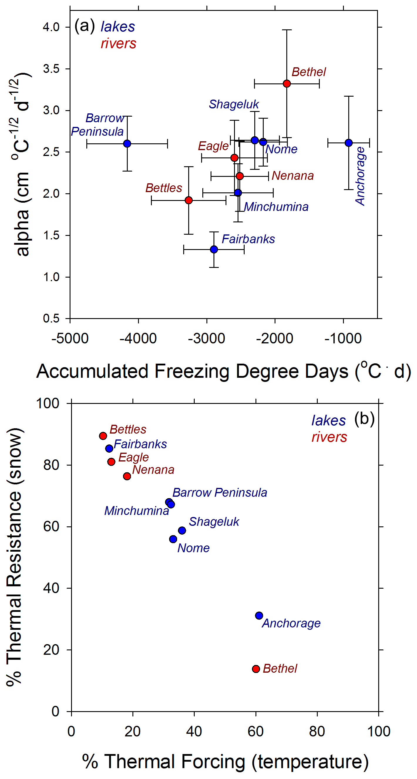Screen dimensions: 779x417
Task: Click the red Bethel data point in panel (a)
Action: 287,83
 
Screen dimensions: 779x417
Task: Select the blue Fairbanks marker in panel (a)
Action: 214,249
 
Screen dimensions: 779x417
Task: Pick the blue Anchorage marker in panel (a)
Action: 349,143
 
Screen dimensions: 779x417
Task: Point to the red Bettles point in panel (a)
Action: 189,200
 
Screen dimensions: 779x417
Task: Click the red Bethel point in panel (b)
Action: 256,669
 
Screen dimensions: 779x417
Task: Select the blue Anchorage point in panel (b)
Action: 259,615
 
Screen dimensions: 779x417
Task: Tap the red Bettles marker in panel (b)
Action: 103,436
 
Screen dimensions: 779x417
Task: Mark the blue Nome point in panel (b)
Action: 173,539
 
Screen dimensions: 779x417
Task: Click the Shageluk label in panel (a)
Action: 234,104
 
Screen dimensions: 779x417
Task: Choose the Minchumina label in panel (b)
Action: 136,511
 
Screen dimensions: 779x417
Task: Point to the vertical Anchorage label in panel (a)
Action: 360,176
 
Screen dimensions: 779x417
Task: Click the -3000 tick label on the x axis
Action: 206,338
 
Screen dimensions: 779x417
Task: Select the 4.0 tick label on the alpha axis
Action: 51,27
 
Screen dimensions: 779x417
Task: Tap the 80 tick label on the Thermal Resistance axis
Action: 51,465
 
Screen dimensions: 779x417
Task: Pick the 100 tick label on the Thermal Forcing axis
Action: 379,731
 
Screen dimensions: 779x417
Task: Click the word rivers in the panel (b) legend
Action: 329,437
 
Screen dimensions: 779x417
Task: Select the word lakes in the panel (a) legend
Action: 118,27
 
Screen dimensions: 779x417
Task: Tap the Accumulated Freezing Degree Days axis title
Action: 223,371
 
